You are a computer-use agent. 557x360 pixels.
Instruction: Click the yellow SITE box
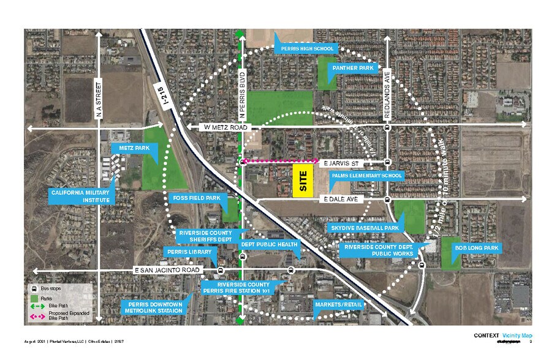tap(303, 181)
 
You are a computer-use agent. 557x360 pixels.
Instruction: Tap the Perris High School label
tap(307, 48)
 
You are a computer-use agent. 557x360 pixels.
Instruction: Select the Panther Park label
tap(354, 68)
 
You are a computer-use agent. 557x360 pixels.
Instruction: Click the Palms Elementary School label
tap(366, 176)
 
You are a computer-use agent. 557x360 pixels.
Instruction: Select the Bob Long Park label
tap(477, 248)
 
